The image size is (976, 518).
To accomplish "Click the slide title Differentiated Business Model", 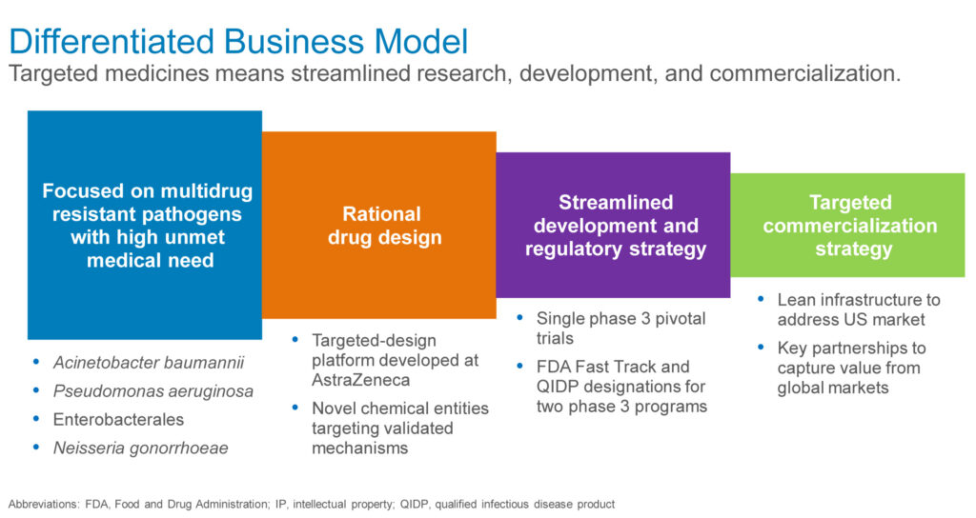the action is pyautogui.click(x=238, y=42).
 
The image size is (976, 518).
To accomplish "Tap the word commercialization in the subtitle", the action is pyautogui.click(x=804, y=74).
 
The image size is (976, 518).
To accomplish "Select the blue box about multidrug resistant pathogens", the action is pyautogui.click(x=145, y=225).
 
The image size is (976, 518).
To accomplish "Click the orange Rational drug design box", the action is pyautogui.click(x=379, y=225).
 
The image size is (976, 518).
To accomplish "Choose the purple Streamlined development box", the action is pyautogui.click(x=613, y=225).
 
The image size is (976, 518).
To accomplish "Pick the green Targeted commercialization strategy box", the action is pyautogui.click(x=847, y=225).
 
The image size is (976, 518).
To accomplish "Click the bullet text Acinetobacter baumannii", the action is pyautogui.click(x=149, y=363).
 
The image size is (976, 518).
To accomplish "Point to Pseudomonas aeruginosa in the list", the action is pyautogui.click(x=153, y=391).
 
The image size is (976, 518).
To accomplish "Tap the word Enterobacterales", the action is pyautogui.click(x=118, y=420).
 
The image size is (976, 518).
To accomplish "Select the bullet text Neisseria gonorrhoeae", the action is pyautogui.click(x=141, y=448).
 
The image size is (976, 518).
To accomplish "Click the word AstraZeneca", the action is pyautogui.click(x=360, y=380).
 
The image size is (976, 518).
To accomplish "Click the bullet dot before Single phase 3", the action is pyautogui.click(x=519, y=318).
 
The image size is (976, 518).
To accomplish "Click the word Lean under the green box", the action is pyautogui.click(x=796, y=300).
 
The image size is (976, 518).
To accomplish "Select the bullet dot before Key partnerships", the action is pyautogui.click(x=761, y=347).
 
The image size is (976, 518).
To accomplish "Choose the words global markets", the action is pyautogui.click(x=833, y=388).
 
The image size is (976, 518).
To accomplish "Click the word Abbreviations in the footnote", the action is pyautogui.click(x=44, y=505).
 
